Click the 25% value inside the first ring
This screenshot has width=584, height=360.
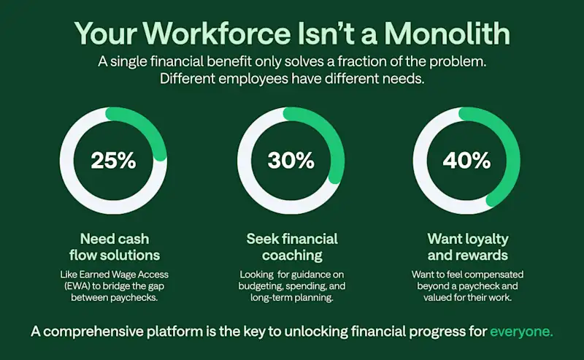113,161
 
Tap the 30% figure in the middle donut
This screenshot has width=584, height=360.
291,161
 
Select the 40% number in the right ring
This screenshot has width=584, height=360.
467,161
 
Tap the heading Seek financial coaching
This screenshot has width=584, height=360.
292,247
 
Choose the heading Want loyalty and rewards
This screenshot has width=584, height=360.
468,247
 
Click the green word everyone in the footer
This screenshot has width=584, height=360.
521,332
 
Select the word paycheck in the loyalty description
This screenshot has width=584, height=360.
496,288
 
